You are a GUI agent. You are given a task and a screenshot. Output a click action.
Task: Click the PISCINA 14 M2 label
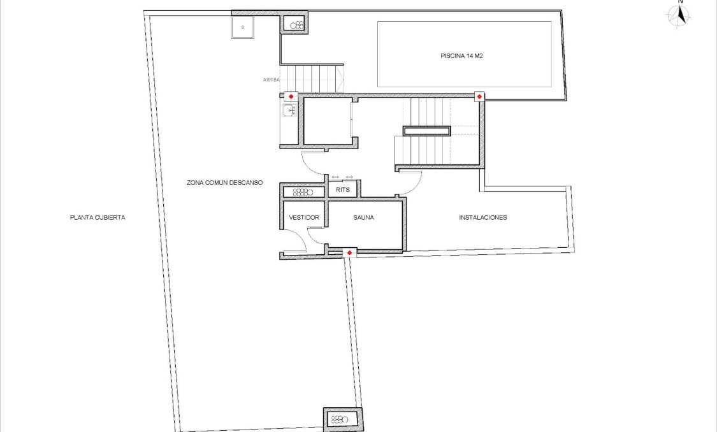coord(464,55)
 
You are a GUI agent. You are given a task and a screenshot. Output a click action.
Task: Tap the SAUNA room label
coord(363,217)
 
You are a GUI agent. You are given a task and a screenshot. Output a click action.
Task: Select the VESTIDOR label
coord(304,217)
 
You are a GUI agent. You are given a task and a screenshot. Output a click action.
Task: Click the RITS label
coord(343,189)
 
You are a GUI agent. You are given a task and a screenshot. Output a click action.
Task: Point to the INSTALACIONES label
coord(483,217)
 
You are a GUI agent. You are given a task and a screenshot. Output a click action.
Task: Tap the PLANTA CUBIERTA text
coord(98,217)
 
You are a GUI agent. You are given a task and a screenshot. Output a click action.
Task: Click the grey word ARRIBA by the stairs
coord(272,80)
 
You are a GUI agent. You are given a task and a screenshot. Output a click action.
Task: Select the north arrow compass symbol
coord(680,15)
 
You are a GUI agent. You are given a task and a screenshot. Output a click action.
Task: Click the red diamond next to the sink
coord(291,96)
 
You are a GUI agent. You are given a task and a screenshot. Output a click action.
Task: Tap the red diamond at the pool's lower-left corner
coord(479,96)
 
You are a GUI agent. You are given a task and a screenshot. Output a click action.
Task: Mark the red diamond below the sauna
coord(349,253)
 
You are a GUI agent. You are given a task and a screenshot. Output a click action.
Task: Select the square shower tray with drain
coord(243,27)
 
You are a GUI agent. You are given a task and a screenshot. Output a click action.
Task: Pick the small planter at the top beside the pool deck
coord(296,25)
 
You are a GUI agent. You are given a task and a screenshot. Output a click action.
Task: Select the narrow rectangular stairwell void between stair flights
coord(426,131)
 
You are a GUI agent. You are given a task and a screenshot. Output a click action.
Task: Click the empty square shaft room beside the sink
coord(327,120)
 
